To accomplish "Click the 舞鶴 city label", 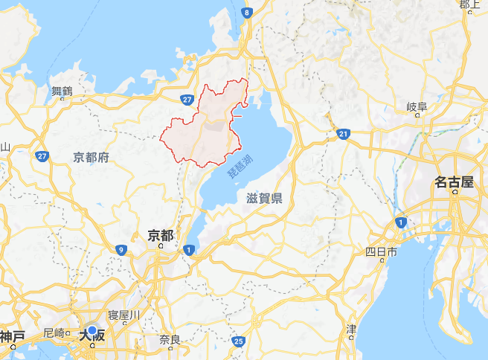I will [62, 91].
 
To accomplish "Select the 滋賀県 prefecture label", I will [264, 197].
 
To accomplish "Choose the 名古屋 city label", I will [454, 182].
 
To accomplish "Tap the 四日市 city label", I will [382, 252].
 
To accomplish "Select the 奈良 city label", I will [170, 340].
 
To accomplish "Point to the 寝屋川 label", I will [124, 315].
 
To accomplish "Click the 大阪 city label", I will [91, 337].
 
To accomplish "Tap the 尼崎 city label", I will [54, 332].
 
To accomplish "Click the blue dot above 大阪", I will [91, 330].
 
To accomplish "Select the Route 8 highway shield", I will [247, 13].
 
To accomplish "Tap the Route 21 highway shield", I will [342, 134].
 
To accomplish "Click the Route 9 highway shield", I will [121, 250].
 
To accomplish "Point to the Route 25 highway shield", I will [237, 341].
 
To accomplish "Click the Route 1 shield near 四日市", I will [402, 222].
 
